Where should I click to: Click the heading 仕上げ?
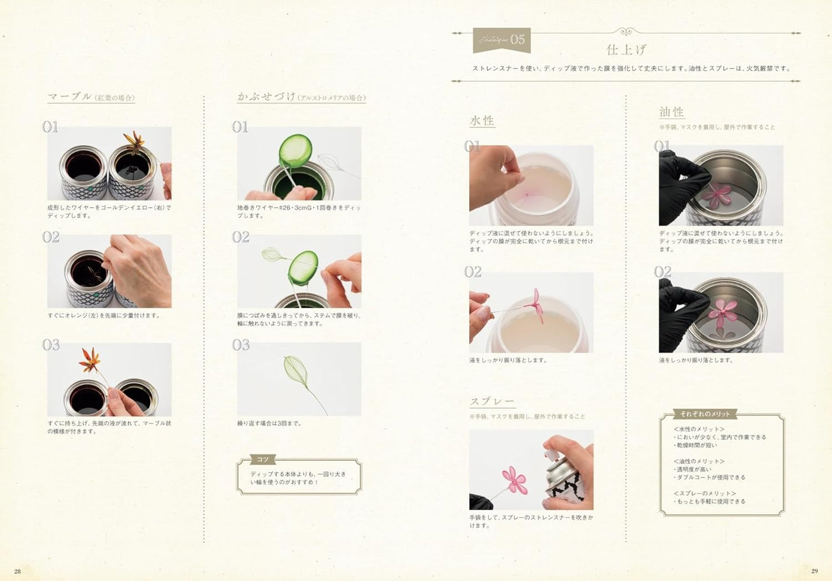(626, 49)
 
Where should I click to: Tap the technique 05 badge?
(501, 40)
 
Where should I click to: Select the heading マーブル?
(70, 96)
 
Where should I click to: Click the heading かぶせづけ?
(266, 96)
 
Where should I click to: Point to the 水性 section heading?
(482, 121)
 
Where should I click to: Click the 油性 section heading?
(672, 112)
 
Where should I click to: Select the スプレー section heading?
(492, 402)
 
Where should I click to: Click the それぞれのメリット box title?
(705, 414)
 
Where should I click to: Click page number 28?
(17, 571)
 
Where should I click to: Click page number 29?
(814, 571)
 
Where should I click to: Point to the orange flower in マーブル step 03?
(90, 360)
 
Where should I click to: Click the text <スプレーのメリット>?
(704, 493)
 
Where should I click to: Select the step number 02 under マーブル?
(51, 237)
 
